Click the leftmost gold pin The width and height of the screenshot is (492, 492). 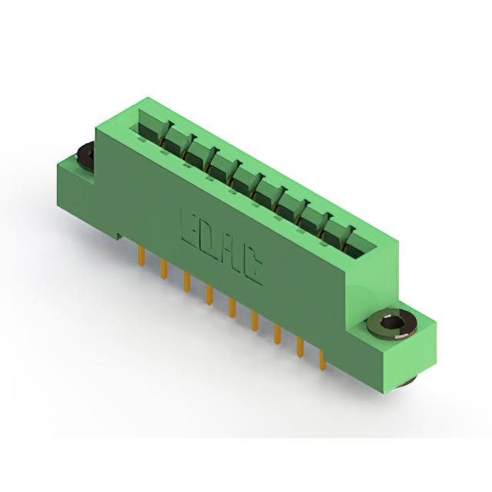[x=141, y=256]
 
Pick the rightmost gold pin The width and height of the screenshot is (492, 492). [x=322, y=361]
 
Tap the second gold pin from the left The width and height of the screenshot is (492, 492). [x=163, y=269]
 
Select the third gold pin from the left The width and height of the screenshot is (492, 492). [x=187, y=282]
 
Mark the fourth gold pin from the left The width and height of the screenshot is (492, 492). [x=209, y=295]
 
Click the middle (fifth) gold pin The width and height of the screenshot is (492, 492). [x=232, y=308]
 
